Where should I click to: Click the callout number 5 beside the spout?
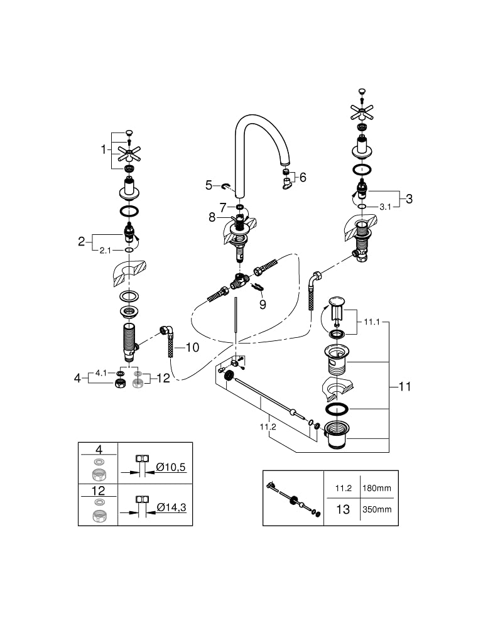click(x=209, y=185)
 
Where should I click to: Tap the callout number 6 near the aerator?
click(x=303, y=177)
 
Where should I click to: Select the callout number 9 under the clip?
click(x=263, y=305)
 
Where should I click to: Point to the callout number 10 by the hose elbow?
click(x=192, y=347)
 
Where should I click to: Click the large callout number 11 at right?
click(x=404, y=386)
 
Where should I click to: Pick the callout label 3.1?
click(x=385, y=207)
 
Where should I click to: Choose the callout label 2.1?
click(x=106, y=251)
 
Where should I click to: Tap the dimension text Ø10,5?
click(x=171, y=467)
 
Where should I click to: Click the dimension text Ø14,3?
click(x=171, y=507)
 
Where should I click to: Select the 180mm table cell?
click(x=376, y=488)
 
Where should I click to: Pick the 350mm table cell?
click(x=376, y=509)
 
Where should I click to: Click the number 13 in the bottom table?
click(x=343, y=509)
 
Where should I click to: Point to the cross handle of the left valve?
click(x=129, y=154)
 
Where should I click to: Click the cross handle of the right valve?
click(x=362, y=112)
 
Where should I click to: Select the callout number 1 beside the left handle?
click(x=104, y=150)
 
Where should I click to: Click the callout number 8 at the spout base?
click(x=212, y=217)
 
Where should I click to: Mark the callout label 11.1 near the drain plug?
click(x=372, y=322)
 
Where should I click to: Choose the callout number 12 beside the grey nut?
click(x=163, y=378)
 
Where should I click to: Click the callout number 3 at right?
click(x=409, y=198)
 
